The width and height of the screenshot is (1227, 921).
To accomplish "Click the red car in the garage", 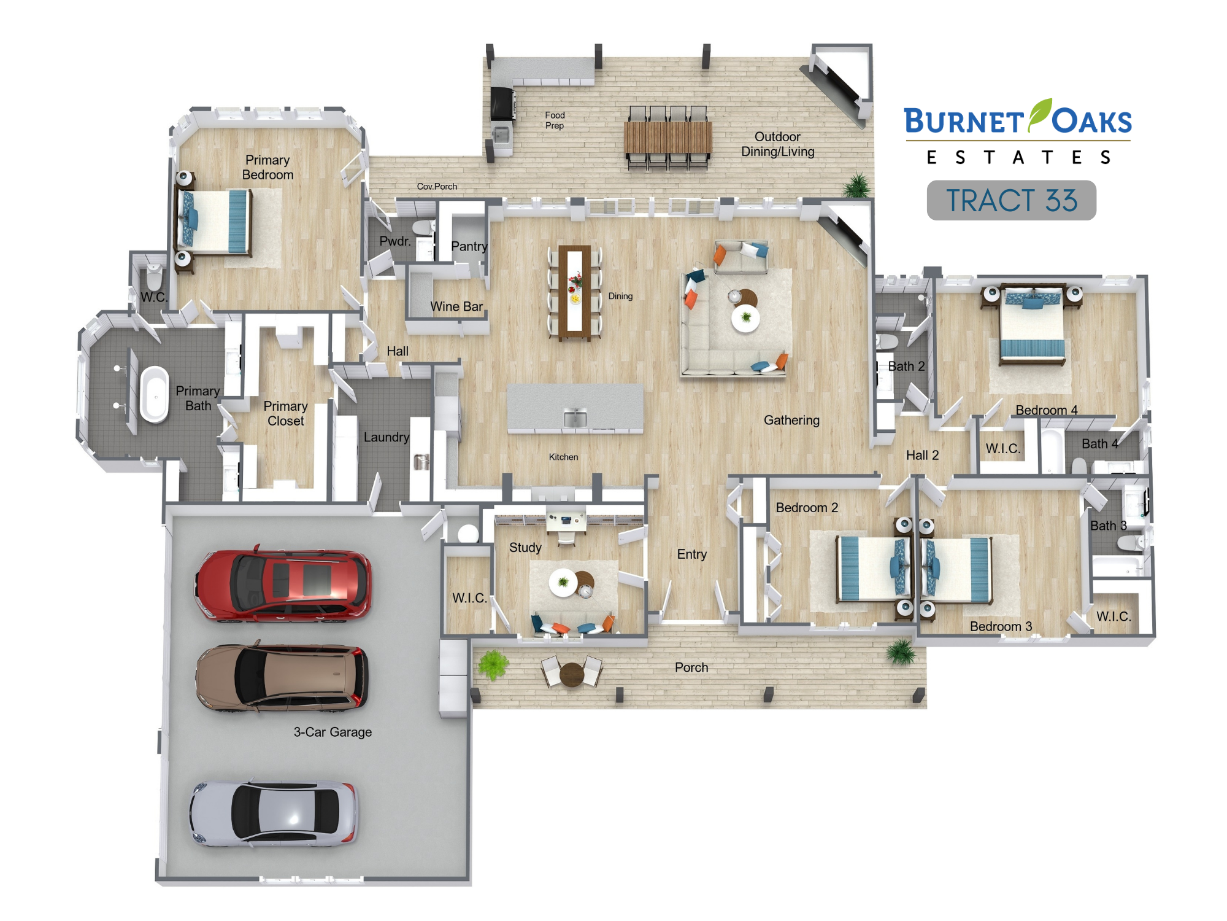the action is pyautogui.click(x=283, y=584).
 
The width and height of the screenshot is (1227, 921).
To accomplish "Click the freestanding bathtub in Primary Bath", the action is pyautogui.click(x=154, y=394).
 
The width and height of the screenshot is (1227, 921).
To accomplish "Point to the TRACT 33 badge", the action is pyautogui.click(x=1011, y=200).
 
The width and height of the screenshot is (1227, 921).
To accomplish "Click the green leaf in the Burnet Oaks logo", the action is pyautogui.click(x=1040, y=114).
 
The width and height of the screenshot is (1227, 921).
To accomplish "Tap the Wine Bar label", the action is pyautogui.click(x=456, y=306).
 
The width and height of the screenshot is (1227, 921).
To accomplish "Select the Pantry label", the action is pyautogui.click(x=469, y=246).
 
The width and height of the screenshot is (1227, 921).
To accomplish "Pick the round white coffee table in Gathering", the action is pyautogui.click(x=745, y=318).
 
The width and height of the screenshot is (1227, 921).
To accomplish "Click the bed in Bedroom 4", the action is pyautogui.click(x=1033, y=324).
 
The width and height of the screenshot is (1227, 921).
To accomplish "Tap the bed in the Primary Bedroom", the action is pyautogui.click(x=213, y=221).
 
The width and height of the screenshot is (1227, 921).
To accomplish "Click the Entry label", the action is pyautogui.click(x=692, y=554).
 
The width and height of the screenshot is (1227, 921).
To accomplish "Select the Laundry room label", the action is pyautogui.click(x=387, y=437).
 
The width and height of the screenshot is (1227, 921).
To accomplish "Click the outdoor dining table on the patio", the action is pyautogui.click(x=668, y=138).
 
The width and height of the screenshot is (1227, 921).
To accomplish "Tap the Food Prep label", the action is pyautogui.click(x=555, y=120).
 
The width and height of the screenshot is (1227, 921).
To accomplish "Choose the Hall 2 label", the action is pyautogui.click(x=923, y=455).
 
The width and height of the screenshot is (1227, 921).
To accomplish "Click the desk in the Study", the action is pyautogui.click(x=566, y=522).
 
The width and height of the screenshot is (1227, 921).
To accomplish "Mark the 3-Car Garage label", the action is pyautogui.click(x=333, y=732).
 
